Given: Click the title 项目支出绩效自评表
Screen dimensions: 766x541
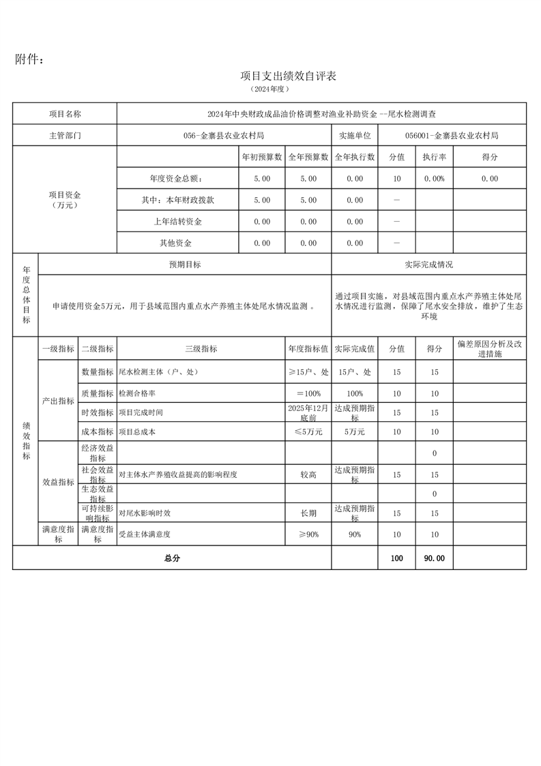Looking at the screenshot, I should [x=289, y=76].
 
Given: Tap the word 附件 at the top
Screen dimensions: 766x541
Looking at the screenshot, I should [x=29, y=60].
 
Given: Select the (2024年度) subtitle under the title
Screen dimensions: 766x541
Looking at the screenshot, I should [x=271, y=89].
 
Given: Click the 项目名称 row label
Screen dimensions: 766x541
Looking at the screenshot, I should [x=65, y=114].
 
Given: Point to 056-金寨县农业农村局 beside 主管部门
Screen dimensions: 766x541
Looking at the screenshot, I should [x=224, y=135].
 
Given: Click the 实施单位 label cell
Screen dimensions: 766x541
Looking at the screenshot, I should [x=355, y=135].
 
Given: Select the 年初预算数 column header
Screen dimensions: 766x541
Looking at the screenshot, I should [x=262, y=157].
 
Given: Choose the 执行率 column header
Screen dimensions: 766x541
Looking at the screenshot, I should [x=434, y=157].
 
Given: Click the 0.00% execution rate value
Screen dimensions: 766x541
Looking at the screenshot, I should [x=434, y=178].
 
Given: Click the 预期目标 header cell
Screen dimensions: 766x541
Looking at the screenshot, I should [x=185, y=264].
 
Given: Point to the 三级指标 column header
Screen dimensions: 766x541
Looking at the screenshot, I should [x=201, y=348].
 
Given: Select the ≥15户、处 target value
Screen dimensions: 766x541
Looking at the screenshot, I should [x=308, y=372].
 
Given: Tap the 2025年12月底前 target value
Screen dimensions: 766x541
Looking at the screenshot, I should [x=308, y=412].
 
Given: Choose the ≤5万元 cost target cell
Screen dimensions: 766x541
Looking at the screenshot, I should [x=308, y=431].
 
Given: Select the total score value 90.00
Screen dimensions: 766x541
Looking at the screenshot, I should [x=434, y=558].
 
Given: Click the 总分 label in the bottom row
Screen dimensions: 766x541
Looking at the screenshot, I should [x=172, y=558].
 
